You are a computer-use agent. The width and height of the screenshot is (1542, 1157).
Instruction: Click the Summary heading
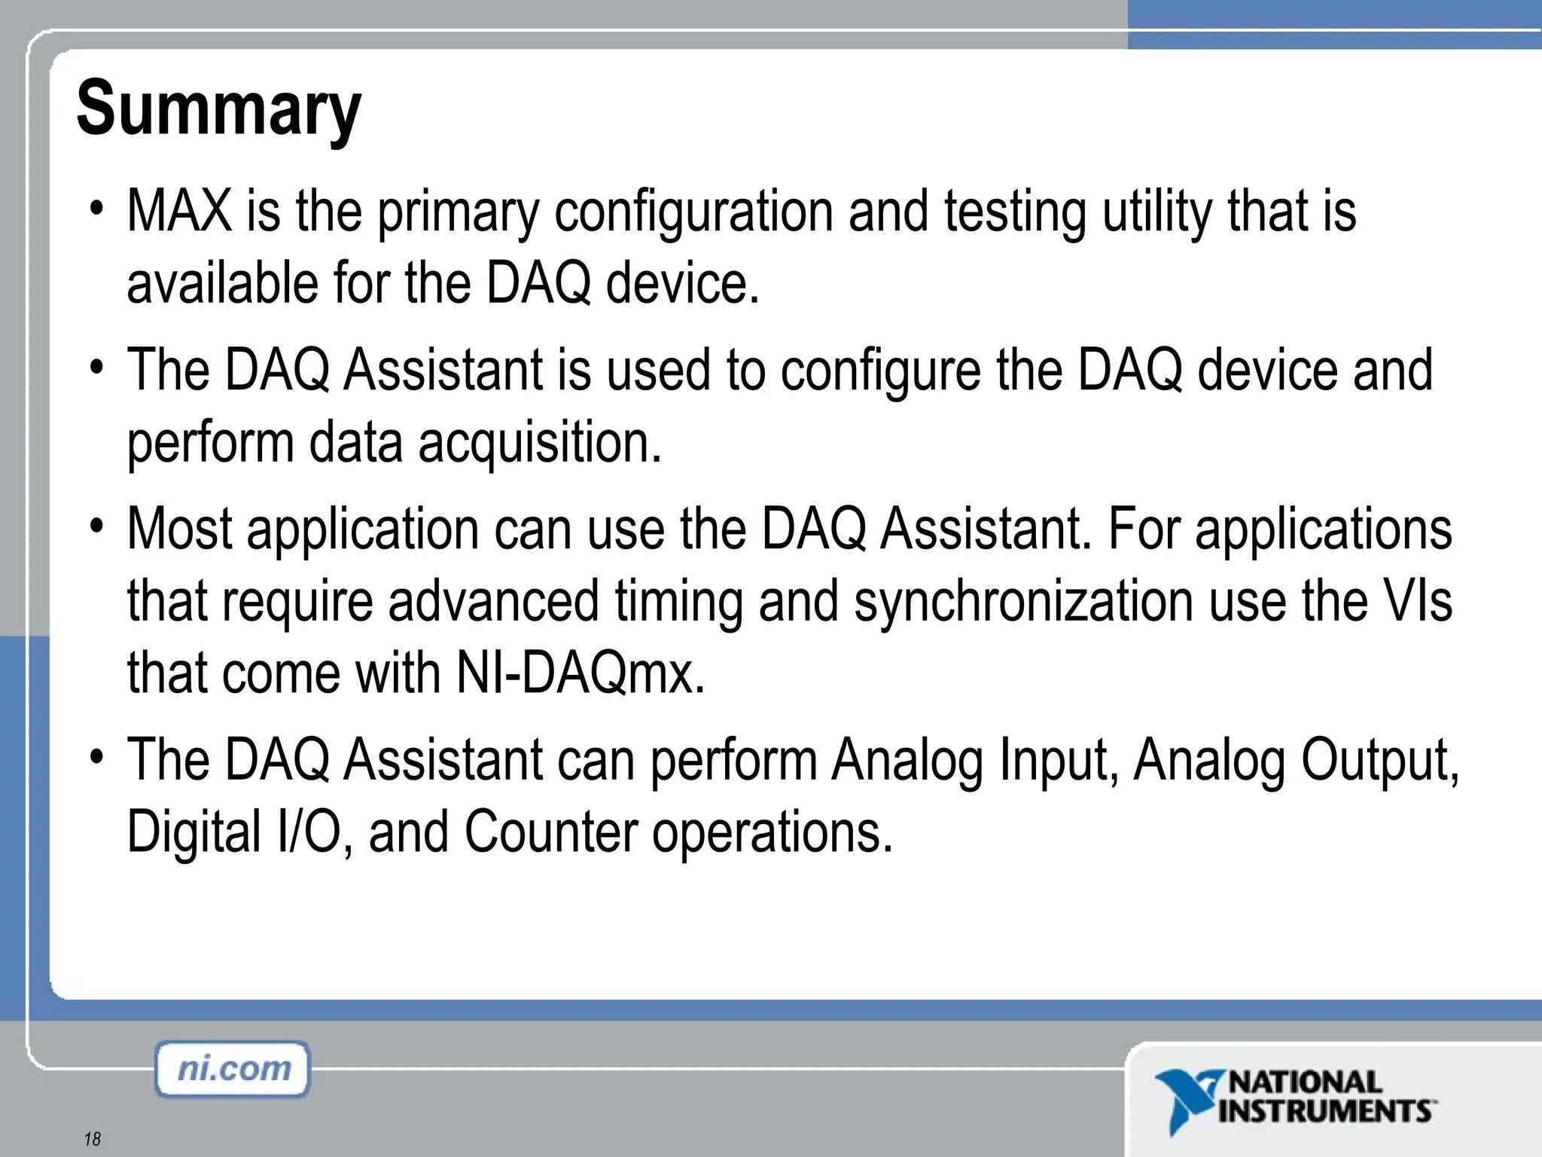click(x=218, y=110)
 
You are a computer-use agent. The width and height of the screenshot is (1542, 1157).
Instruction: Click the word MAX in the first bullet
click(x=179, y=212)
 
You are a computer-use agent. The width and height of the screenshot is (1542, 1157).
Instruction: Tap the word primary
click(x=458, y=214)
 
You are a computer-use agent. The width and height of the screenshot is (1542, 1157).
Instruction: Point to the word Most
click(x=179, y=529)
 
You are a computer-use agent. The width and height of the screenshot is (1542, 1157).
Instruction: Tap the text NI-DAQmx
click(x=581, y=673)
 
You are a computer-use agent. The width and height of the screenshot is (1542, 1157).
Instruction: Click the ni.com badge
click(x=233, y=1069)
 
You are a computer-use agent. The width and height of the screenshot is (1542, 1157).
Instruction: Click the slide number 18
click(x=92, y=1139)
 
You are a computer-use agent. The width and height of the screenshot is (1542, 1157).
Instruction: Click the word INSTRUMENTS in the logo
click(x=1325, y=1111)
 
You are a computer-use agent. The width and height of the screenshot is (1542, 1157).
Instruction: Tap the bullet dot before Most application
click(x=96, y=524)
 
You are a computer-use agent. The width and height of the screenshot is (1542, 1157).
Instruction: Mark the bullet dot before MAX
click(x=96, y=206)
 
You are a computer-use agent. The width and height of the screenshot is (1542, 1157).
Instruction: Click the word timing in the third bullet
click(x=678, y=602)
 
